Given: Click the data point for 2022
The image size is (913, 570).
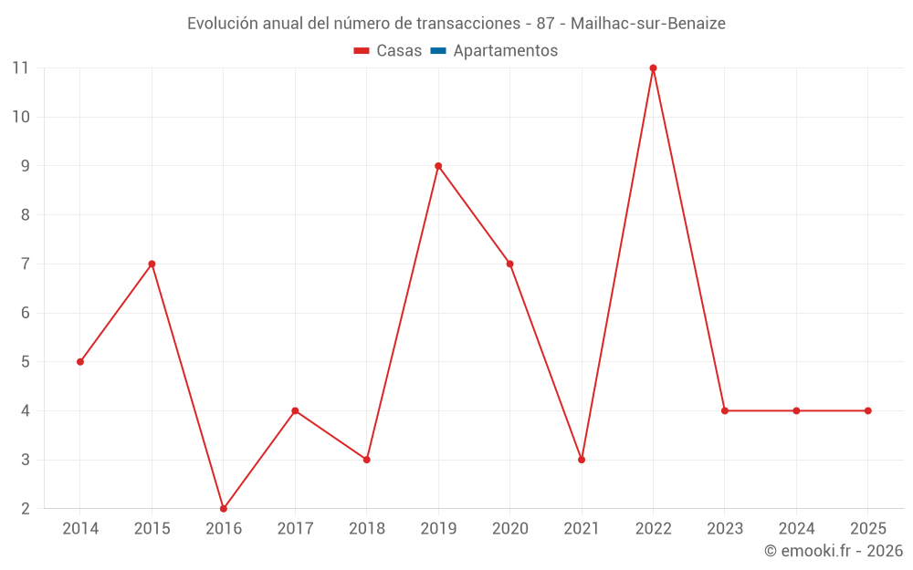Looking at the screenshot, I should click(653, 67).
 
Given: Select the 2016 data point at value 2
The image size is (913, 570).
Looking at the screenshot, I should click(224, 508).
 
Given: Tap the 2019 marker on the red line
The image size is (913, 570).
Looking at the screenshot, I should click(438, 166).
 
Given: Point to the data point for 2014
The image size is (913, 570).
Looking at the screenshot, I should click(80, 362).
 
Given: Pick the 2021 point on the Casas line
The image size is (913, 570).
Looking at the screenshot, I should click(582, 460).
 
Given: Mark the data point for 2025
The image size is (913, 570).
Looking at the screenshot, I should click(867, 410).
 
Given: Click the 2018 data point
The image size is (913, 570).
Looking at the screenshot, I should click(367, 460).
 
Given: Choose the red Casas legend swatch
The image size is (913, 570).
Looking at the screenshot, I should click(362, 51).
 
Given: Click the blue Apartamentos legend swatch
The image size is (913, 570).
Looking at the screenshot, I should click(438, 51).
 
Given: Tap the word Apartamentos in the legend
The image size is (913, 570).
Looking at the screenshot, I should click(505, 51).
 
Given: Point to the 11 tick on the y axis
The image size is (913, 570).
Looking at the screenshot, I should click(20, 67).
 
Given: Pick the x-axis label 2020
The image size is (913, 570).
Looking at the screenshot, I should click(509, 529).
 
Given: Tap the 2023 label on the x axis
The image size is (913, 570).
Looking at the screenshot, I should click(725, 529).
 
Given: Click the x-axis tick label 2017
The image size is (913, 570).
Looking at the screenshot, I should click(295, 529).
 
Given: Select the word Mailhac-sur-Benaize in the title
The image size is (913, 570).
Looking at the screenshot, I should click(648, 24).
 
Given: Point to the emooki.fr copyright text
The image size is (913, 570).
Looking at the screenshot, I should click(834, 551).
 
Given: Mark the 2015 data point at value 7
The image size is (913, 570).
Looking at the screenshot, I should click(152, 264).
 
